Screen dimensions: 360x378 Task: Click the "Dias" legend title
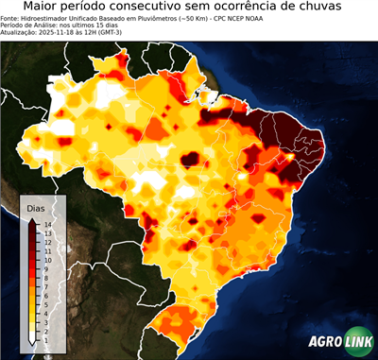tap(36, 207)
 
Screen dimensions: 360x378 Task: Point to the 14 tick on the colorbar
tap(46, 224)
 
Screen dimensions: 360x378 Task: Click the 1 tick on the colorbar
tap(45, 326)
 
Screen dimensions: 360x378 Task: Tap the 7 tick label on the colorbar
tap(45, 279)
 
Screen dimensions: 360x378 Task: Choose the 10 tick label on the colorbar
tap(46, 255)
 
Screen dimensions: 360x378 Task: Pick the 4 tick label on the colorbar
tap(45, 302)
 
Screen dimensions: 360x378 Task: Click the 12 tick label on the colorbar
tap(46, 240)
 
